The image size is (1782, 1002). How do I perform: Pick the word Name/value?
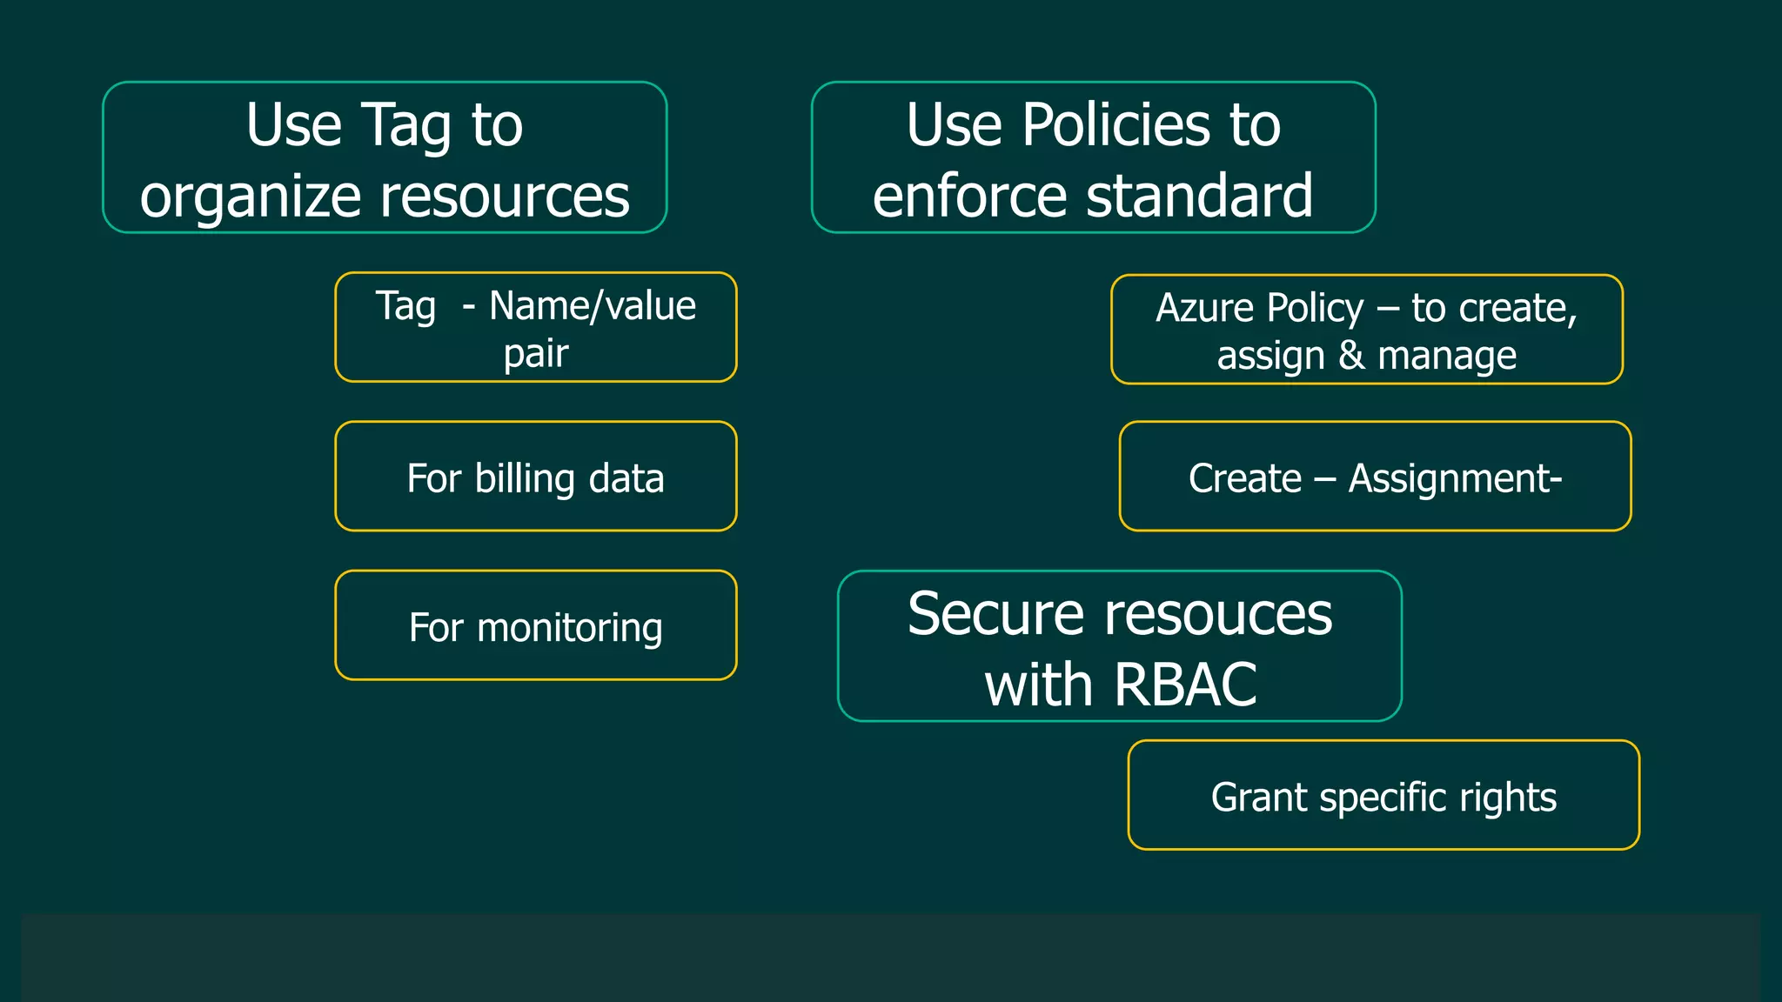pyautogui.click(x=593, y=306)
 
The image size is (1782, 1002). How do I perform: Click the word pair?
pyautogui.click(x=536, y=354)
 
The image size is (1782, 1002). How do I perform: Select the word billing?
pyautogui.click(x=525, y=478)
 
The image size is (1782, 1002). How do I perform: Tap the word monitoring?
pyautogui.click(x=570, y=628)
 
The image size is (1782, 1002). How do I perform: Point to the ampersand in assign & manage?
pyautogui.click(x=1351, y=356)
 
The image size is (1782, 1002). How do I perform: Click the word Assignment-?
pyautogui.click(x=1455, y=479)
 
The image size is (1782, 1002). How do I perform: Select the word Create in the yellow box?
pyautogui.click(x=1244, y=479)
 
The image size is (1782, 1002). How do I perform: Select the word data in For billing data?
pyautogui.click(x=626, y=478)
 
